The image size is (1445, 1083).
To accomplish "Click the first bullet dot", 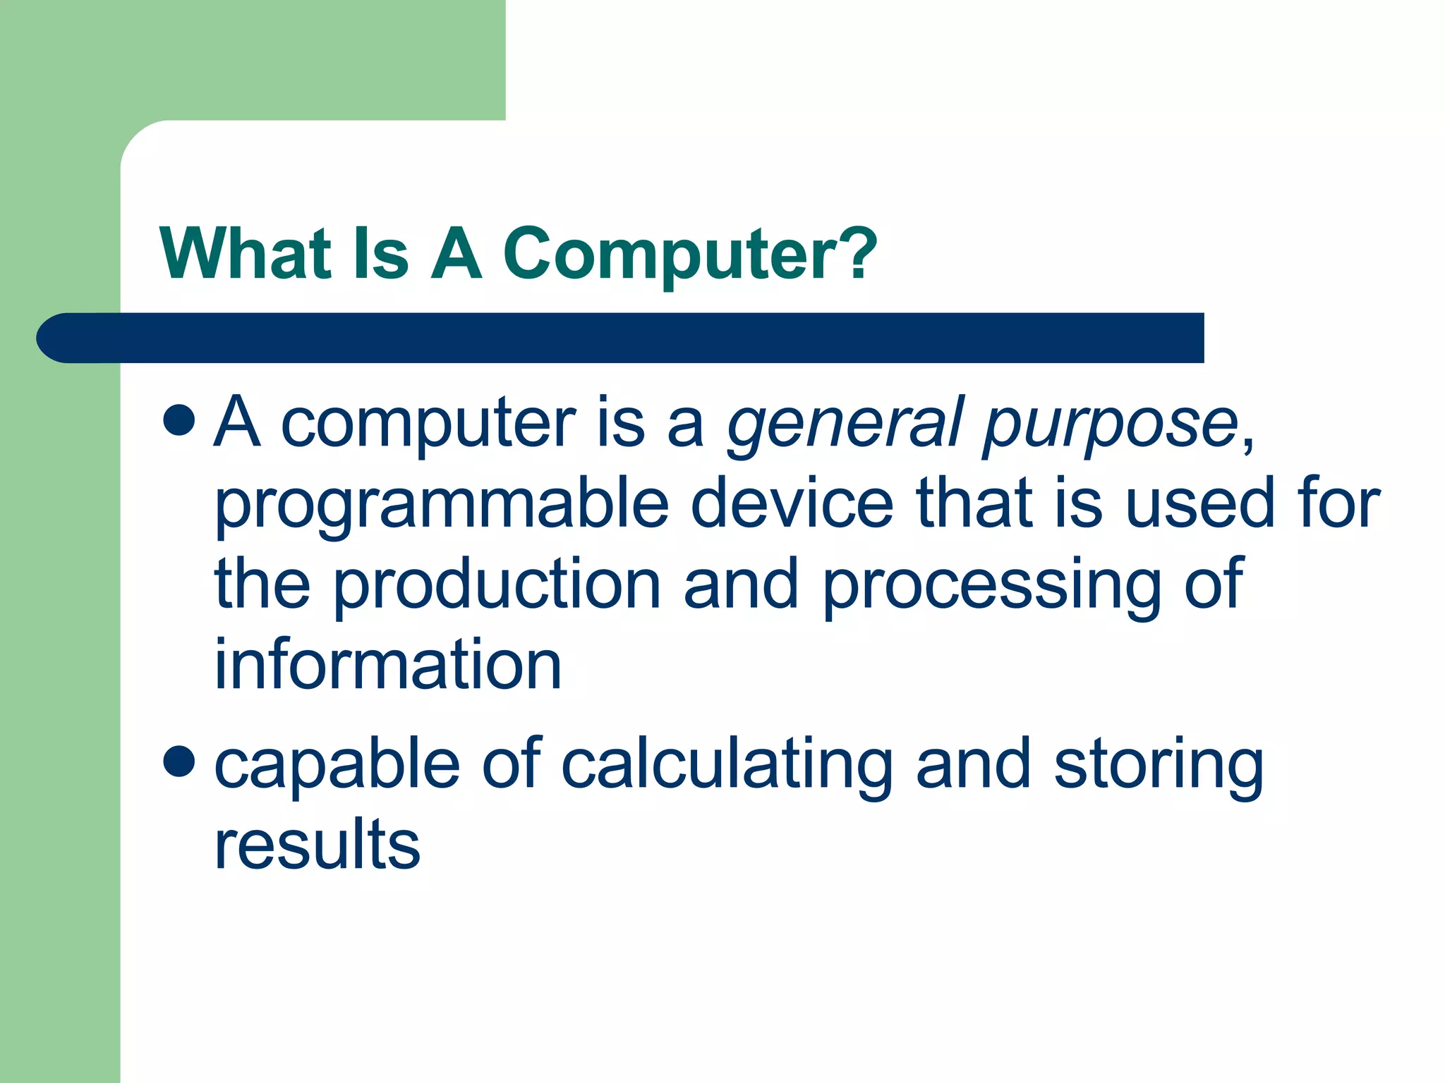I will click(179, 421).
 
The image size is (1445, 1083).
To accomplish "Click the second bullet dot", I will click(179, 762).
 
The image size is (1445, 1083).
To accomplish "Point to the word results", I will click(318, 844).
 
